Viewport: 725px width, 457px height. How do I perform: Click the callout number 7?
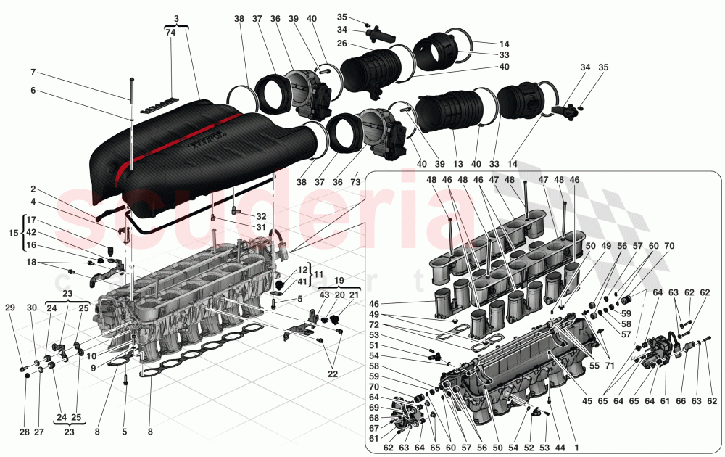point(33,73)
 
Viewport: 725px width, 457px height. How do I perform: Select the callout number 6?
point(33,91)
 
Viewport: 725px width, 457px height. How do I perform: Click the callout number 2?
point(33,189)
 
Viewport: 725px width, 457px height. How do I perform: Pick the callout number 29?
point(9,308)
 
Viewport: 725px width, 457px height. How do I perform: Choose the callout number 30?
point(31,308)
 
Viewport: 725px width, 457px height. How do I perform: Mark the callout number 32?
point(260,216)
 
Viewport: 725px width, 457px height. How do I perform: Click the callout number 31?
point(260,227)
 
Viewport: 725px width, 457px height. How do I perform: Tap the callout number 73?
point(355,184)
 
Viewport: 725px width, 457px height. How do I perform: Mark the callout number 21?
point(354,295)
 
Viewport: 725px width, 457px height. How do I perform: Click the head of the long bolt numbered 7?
point(131,78)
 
